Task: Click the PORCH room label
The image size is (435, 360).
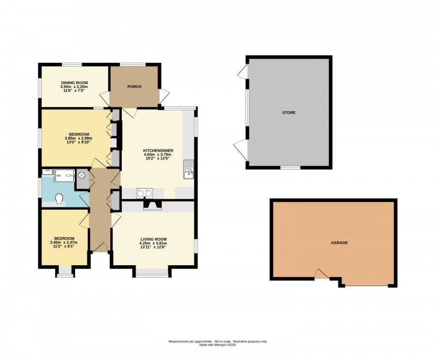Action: point(134,86)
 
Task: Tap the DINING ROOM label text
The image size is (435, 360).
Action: point(74,83)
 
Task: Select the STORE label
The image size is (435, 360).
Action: point(289,113)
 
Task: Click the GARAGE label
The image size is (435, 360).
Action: point(339,243)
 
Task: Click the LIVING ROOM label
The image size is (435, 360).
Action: point(154,239)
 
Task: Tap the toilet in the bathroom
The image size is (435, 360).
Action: point(59,199)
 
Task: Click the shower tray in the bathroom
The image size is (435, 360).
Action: point(64,175)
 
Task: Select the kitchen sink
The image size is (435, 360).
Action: point(188,170)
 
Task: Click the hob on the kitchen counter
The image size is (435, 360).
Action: point(145,193)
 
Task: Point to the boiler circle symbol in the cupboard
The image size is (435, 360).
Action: point(82,175)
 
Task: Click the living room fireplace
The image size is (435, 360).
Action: point(152,205)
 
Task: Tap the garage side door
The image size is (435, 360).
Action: point(322,274)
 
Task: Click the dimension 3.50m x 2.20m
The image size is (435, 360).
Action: point(74,86)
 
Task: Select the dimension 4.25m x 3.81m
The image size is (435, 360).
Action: point(153,243)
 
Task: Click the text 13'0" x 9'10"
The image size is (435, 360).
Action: point(77,142)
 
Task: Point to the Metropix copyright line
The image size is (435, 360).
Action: point(218,345)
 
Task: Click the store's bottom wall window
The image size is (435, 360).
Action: point(290,168)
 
